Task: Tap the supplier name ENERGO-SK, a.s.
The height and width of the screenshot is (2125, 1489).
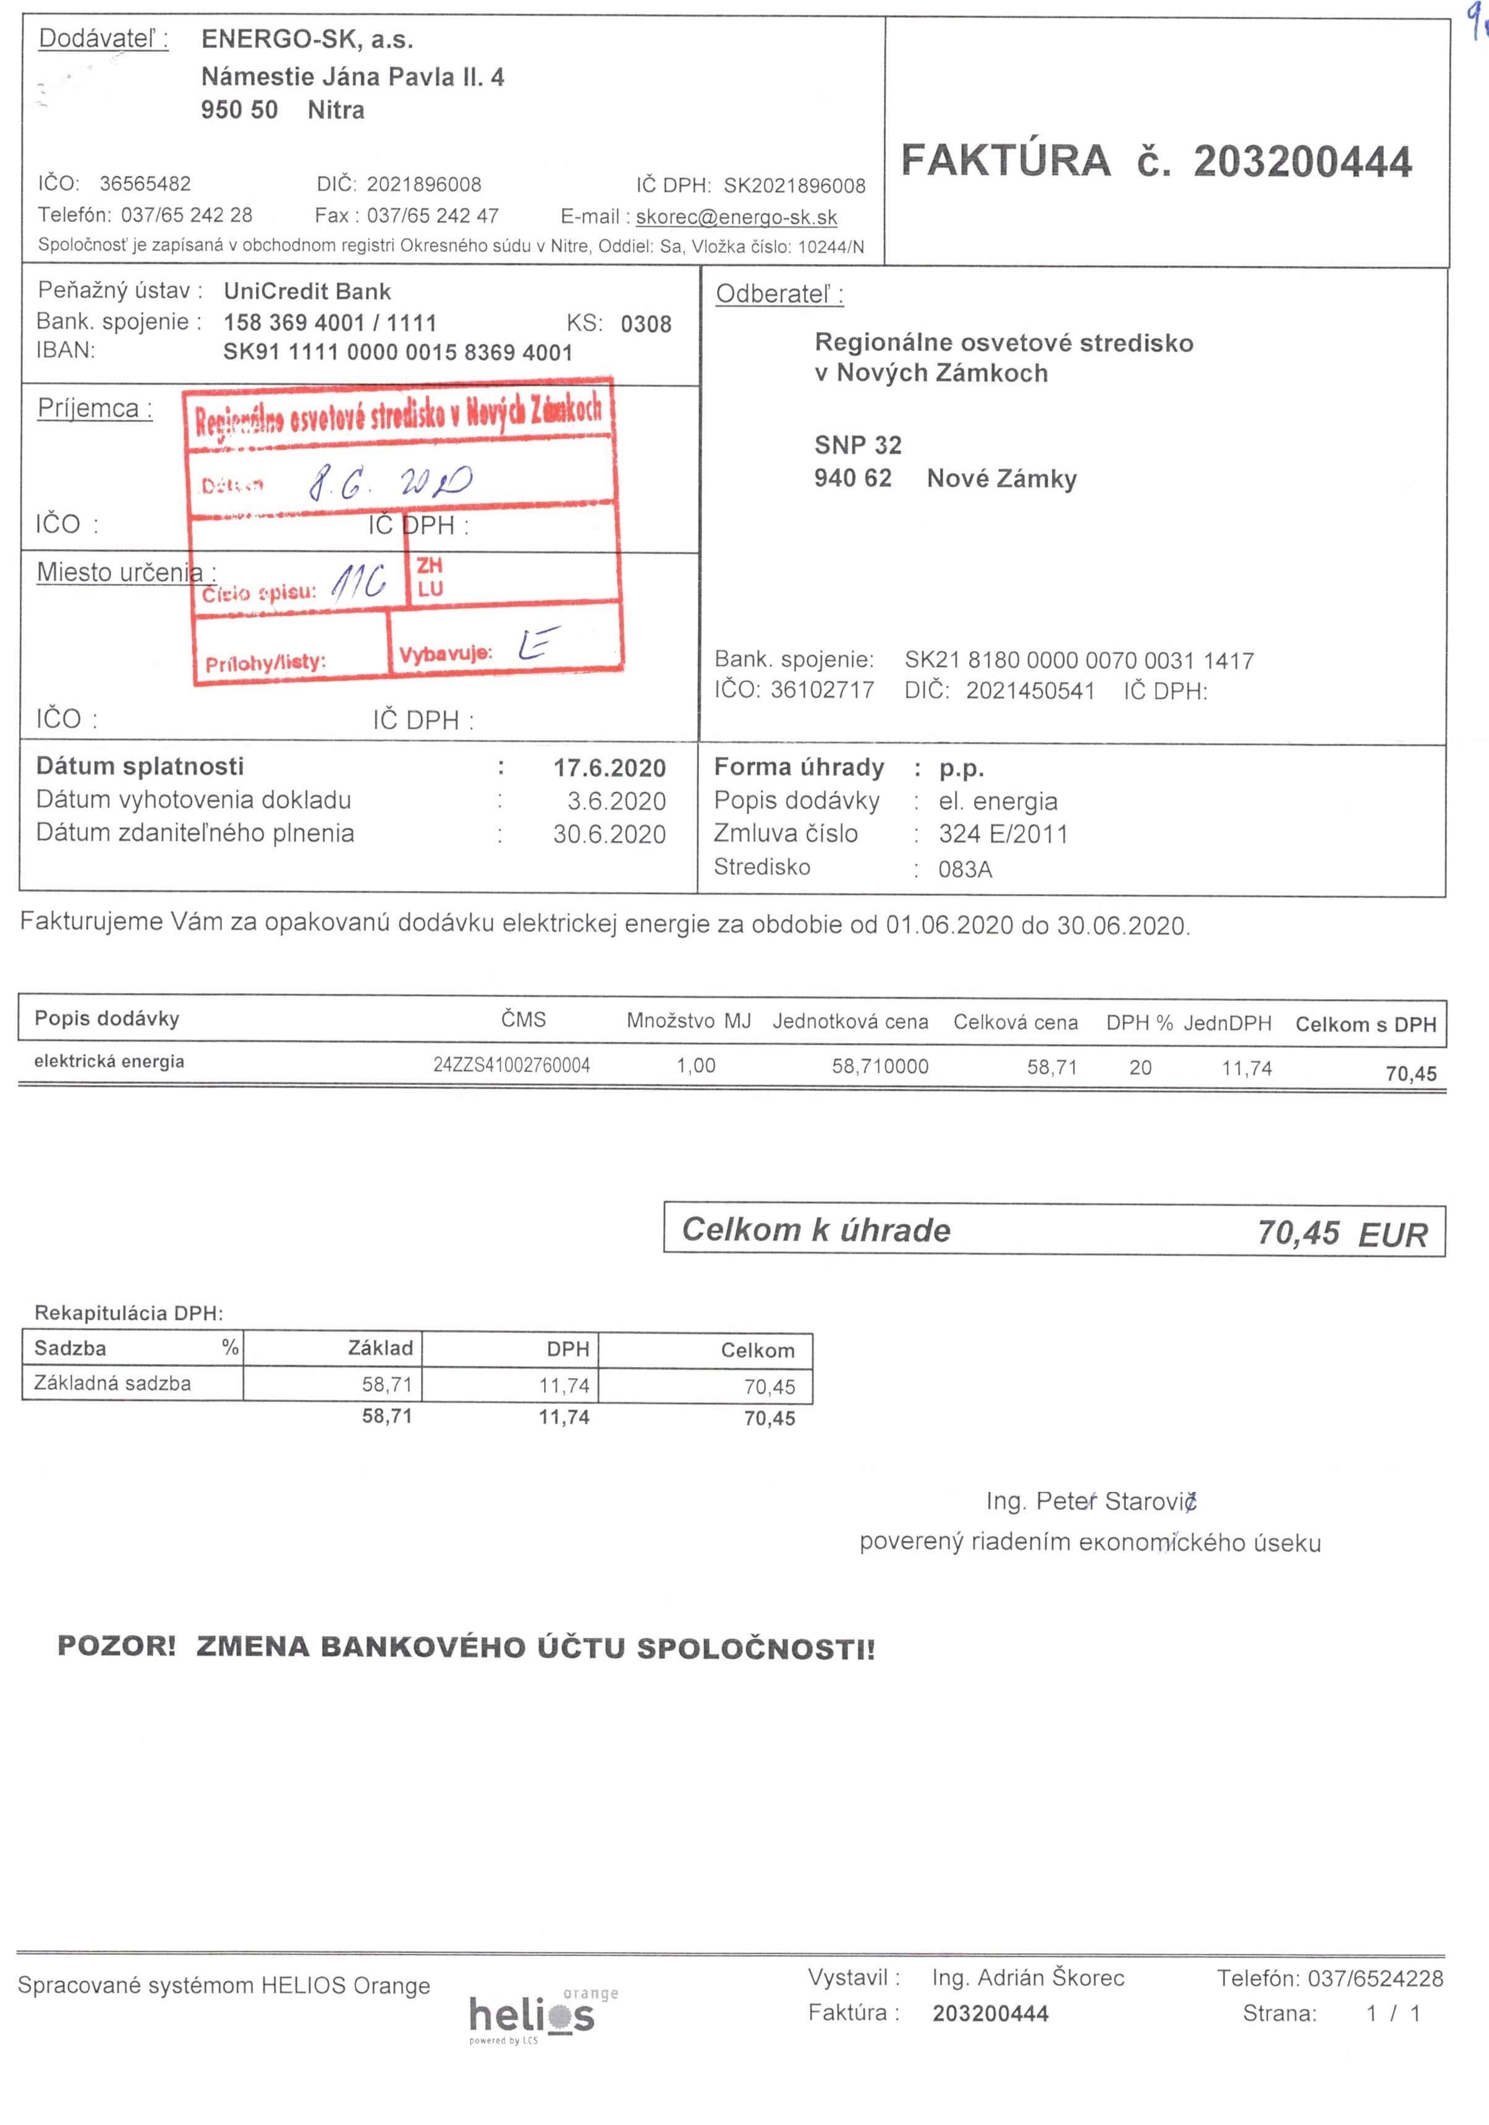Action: (307, 40)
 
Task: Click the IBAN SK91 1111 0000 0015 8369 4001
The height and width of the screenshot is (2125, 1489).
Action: (398, 352)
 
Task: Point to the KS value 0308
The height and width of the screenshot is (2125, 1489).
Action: (646, 324)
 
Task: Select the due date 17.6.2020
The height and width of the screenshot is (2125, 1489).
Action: (610, 768)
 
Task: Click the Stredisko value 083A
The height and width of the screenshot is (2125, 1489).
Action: (965, 869)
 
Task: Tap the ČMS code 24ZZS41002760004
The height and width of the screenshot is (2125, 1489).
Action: (512, 1065)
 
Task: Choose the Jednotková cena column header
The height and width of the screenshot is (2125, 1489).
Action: (851, 1022)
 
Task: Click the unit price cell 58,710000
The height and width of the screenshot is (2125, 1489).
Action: (880, 1066)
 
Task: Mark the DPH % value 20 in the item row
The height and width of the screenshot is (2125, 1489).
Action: (1140, 1068)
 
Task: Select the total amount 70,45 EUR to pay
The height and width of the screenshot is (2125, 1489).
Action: (1342, 1233)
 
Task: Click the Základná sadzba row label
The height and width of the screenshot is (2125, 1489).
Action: (113, 1384)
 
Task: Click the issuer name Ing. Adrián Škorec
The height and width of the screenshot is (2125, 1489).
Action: (1028, 1978)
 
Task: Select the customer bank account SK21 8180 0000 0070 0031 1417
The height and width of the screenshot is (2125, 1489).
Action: (1079, 661)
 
